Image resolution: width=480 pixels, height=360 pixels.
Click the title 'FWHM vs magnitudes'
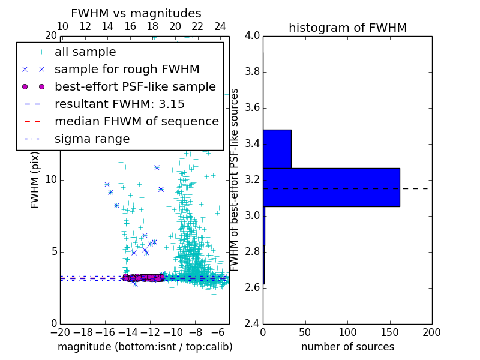136,14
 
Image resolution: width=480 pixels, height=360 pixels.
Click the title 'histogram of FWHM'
347,28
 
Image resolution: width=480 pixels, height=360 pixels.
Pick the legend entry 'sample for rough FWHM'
127,69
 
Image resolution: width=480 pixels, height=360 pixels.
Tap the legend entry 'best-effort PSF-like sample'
135,86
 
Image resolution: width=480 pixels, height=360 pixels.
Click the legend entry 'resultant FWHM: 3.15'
119,104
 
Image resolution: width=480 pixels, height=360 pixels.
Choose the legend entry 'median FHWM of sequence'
136,121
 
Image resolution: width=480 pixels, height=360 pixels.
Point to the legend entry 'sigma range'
92,139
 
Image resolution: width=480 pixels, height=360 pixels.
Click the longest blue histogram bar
331,187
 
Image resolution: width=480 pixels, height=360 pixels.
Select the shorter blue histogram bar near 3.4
277,149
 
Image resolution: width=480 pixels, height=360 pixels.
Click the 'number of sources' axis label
347,347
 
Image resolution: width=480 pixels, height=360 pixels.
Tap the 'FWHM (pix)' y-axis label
35,180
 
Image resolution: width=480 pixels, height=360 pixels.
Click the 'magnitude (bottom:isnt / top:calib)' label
145,347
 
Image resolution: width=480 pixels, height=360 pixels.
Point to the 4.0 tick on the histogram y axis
252,35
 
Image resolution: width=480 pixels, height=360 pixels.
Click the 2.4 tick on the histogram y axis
252,323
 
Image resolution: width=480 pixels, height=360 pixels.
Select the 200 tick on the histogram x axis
431,332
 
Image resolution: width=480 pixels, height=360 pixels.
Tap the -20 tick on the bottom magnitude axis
60,332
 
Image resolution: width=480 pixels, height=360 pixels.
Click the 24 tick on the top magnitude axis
220,26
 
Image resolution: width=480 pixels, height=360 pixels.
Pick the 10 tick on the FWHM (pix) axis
51,179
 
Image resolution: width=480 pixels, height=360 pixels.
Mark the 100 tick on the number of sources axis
347,332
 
